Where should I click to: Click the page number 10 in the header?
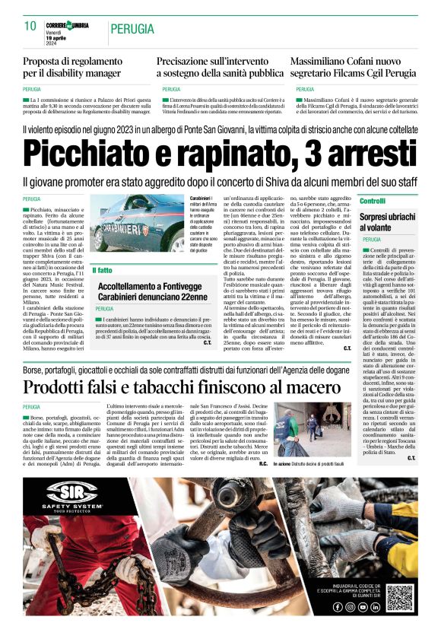pos(30,26)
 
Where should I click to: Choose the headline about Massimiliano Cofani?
pos(353,67)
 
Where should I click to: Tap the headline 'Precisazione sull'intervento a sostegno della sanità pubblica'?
pos(220,67)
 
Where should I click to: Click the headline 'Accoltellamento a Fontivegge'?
pos(152,291)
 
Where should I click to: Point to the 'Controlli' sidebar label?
pos(373,201)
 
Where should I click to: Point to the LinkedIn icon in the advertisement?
pos(376,608)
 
